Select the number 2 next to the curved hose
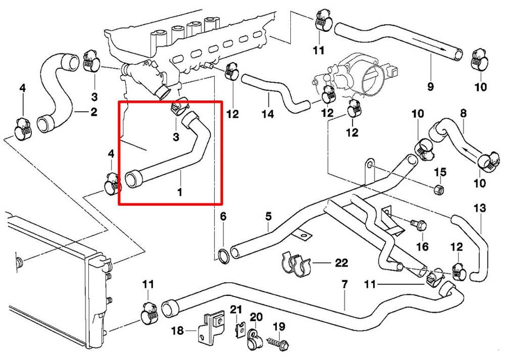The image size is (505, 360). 93,112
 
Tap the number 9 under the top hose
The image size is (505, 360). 430,86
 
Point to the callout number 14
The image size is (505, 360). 267,114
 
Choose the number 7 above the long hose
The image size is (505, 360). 344,285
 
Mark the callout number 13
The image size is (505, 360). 479,208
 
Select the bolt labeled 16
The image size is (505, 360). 417,223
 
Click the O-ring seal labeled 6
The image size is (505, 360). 223,256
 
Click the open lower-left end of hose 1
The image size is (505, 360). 133,180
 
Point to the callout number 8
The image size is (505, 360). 463,114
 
